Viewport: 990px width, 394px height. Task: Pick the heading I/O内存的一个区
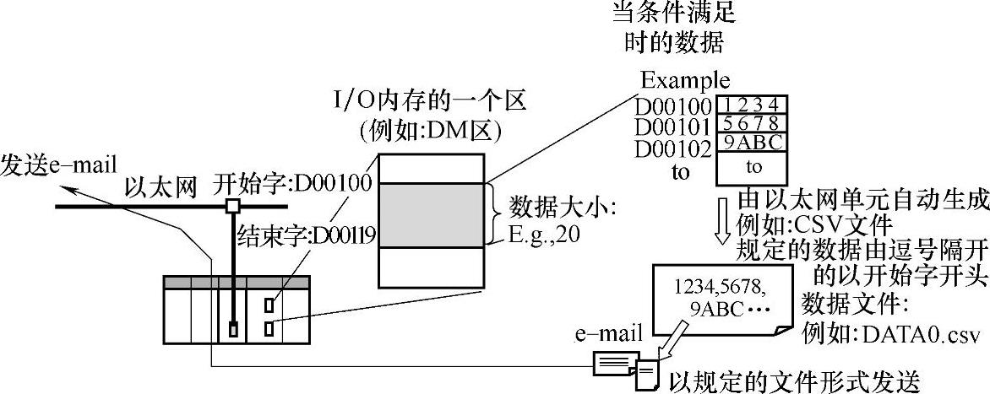pyautogui.click(x=431, y=103)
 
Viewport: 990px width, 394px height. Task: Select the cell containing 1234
pyautogui.click(x=753, y=105)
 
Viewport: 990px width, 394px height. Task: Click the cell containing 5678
pyautogui.click(x=753, y=123)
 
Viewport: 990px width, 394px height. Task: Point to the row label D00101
pyautogui.click(x=672, y=127)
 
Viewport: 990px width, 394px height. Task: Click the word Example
pyautogui.click(x=685, y=81)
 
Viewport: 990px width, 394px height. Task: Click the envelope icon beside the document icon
pyautogui.click(x=615, y=364)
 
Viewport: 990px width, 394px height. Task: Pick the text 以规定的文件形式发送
pyautogui.click(x=793, y=380)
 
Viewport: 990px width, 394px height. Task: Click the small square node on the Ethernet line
pyautogui.click(x=231, y=206)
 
